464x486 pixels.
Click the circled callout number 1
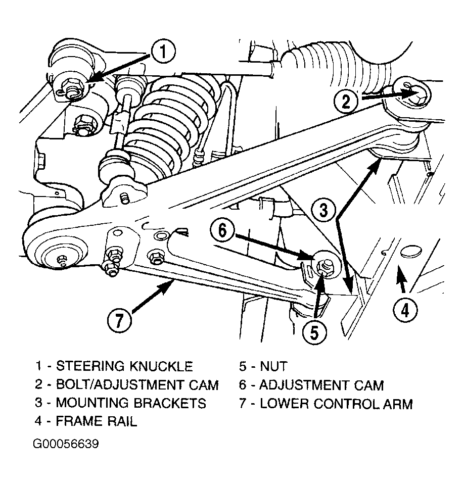163,52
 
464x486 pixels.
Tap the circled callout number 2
346,101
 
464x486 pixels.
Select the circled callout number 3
323,211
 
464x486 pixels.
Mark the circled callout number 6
222,231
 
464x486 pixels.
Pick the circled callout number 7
119,320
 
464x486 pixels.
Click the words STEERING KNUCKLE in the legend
124,366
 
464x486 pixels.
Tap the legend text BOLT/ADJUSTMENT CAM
137,384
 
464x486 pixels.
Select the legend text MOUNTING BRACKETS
131,403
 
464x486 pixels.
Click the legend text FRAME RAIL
96,421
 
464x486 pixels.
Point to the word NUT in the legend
273,366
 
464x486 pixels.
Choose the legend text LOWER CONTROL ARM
336,404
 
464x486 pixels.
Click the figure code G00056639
66,444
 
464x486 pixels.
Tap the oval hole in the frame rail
411,251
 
